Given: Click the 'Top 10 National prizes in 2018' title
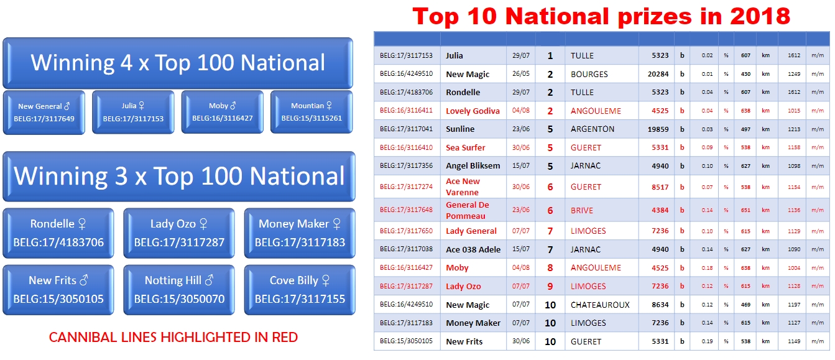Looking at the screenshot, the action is tap(601, 16).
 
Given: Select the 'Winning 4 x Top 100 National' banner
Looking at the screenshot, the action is tap(178, 63).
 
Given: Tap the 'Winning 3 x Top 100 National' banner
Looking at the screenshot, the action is tap(179, 177).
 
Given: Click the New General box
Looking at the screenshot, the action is tap(44, 112).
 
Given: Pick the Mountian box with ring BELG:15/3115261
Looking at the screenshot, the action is tap(311, 112).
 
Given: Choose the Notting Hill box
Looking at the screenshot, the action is tap(179, 290).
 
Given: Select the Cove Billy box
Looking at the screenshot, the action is tap(300, 290).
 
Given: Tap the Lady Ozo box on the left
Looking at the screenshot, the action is tap(179, 233).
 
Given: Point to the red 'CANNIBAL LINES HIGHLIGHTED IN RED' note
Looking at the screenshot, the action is tap(173, 337).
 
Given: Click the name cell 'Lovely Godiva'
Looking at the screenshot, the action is tap(473, 111).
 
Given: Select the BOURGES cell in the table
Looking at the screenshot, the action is tap(589, 74).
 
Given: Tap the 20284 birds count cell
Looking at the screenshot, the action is tap(658, 74).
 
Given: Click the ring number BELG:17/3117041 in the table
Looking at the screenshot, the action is tap(407, 129).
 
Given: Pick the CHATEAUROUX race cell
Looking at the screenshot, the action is tap(600, 305).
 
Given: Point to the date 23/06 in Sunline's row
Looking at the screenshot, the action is tap(521, 129).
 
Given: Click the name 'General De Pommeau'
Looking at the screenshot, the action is tap(468, 210).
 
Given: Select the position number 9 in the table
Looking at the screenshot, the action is tap(550, 286).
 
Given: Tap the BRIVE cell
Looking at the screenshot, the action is tap(581, 210).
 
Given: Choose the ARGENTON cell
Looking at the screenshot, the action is tap(593, 129).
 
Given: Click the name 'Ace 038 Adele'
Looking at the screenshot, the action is tap(473, 249).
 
